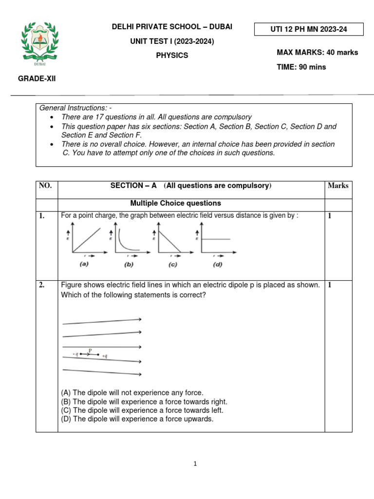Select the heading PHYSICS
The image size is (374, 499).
click(x=171, y=56)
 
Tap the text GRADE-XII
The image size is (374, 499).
click(x=37, y=78)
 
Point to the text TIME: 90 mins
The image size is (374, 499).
click(x=301, y=67)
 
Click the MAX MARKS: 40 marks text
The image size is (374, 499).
click(x=317, y=53)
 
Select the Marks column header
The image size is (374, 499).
click(x=338, y=186)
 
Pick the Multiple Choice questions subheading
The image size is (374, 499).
click(x=175, y=203)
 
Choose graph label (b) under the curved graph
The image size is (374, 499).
click(x=129, y=265)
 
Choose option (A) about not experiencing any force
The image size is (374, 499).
click(x=132, y=392)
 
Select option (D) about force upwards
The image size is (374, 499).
click(x=137, y=419)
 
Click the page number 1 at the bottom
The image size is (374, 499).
click(x=195, y=464)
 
